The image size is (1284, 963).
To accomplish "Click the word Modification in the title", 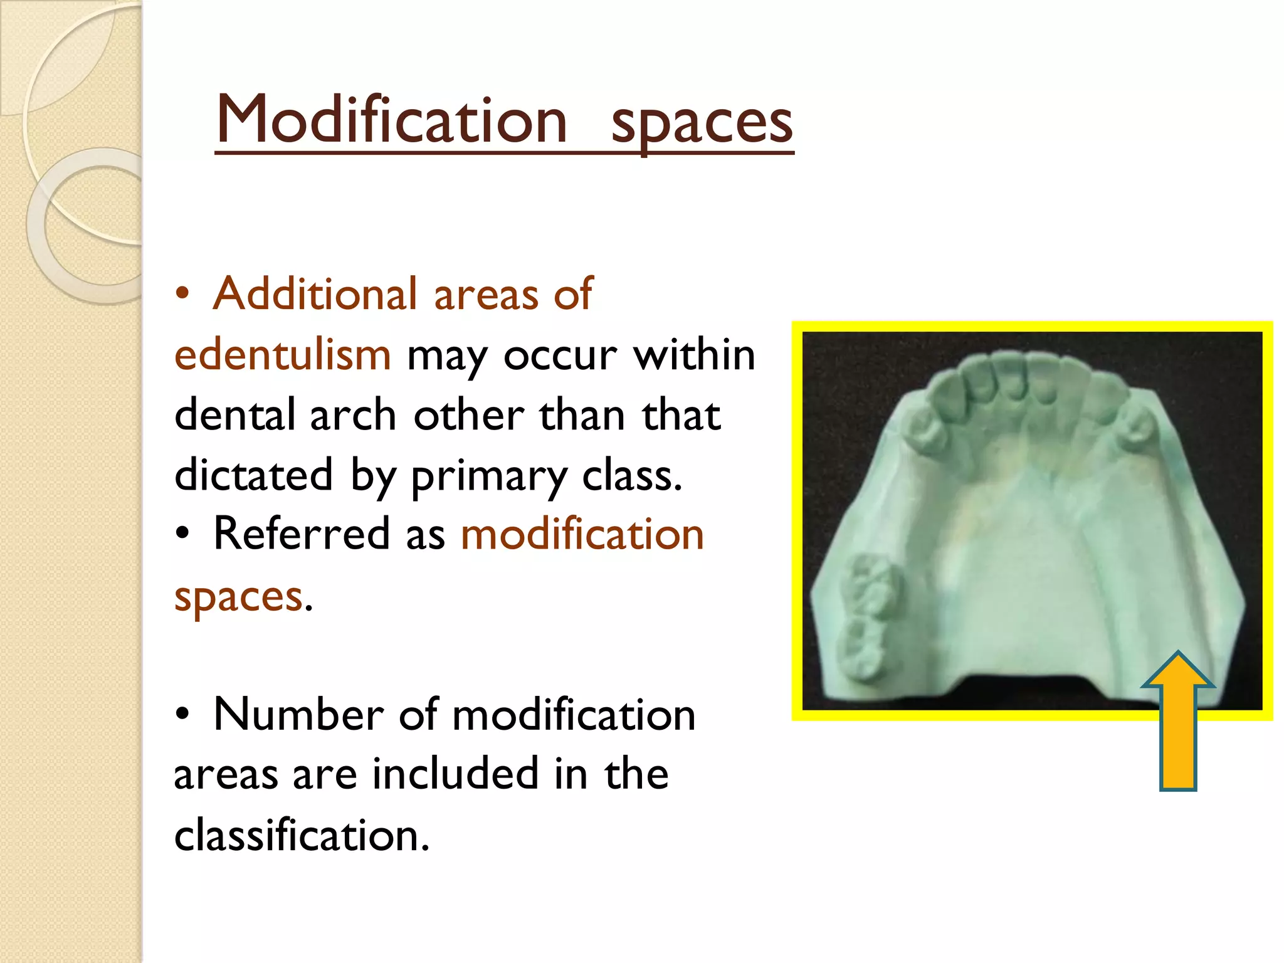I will coord(391,119).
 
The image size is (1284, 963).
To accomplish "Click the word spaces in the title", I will coord(702,122).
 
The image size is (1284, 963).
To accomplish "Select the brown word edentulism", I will coord(283,354).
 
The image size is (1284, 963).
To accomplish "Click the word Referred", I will coord(302,534).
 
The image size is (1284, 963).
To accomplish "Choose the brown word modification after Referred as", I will coord(582,534).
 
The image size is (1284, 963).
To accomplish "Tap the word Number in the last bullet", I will coord(298,714).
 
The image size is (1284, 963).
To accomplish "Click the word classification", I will coord(302,835).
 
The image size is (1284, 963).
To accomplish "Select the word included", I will coord(455,774).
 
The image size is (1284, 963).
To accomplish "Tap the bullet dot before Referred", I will coord(182,534).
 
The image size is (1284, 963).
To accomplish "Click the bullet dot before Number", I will coord(182,715).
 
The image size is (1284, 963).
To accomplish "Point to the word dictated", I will coord(253,475).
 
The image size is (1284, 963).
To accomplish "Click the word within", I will coord(694,355).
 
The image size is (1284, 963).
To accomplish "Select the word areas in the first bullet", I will coord(485,295).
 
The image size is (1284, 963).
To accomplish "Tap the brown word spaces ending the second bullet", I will coord(238,596).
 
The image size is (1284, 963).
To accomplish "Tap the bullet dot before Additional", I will coord(182,294).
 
